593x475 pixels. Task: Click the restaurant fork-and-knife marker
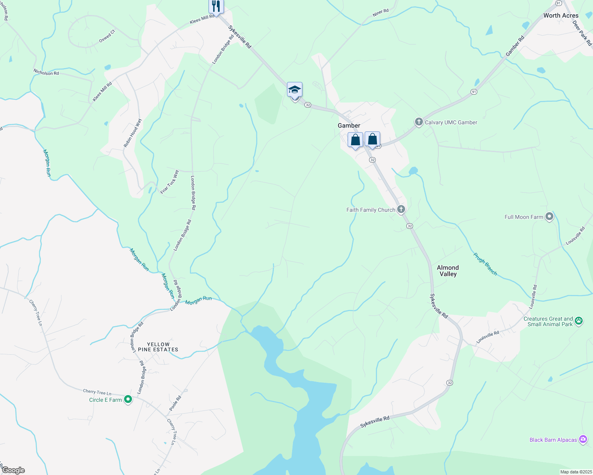(x=216, y=6)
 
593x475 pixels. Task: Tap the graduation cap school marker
(x=295, y=89)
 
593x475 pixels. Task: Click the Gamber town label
(x=349, y=125)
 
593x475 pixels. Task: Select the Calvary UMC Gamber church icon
(x=419, y=122)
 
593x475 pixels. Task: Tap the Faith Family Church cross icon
(x=401, y=209)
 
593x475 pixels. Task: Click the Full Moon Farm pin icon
(x=549, y=217)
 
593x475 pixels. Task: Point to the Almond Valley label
(x=448, y=271)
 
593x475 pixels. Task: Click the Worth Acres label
(x=561, y=15)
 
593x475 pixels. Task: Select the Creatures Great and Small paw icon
(x=579, y=321)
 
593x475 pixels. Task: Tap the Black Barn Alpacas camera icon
(x=583, y=439)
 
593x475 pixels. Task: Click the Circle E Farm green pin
(x=128, y=400)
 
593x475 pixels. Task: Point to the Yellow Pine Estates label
(x=158, y=347)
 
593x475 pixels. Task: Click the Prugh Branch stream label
(x=485, y=264)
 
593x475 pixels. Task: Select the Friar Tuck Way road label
(x=170, y=182)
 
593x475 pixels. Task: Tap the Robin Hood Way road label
(x=132, y=133)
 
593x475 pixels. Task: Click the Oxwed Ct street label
(x=107, y=36)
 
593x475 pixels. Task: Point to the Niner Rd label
(x=381, y=13)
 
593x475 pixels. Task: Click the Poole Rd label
(x=175, y=403)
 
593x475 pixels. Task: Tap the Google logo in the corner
(x=13, y=470)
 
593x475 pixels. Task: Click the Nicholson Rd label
(x=46, y=72)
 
